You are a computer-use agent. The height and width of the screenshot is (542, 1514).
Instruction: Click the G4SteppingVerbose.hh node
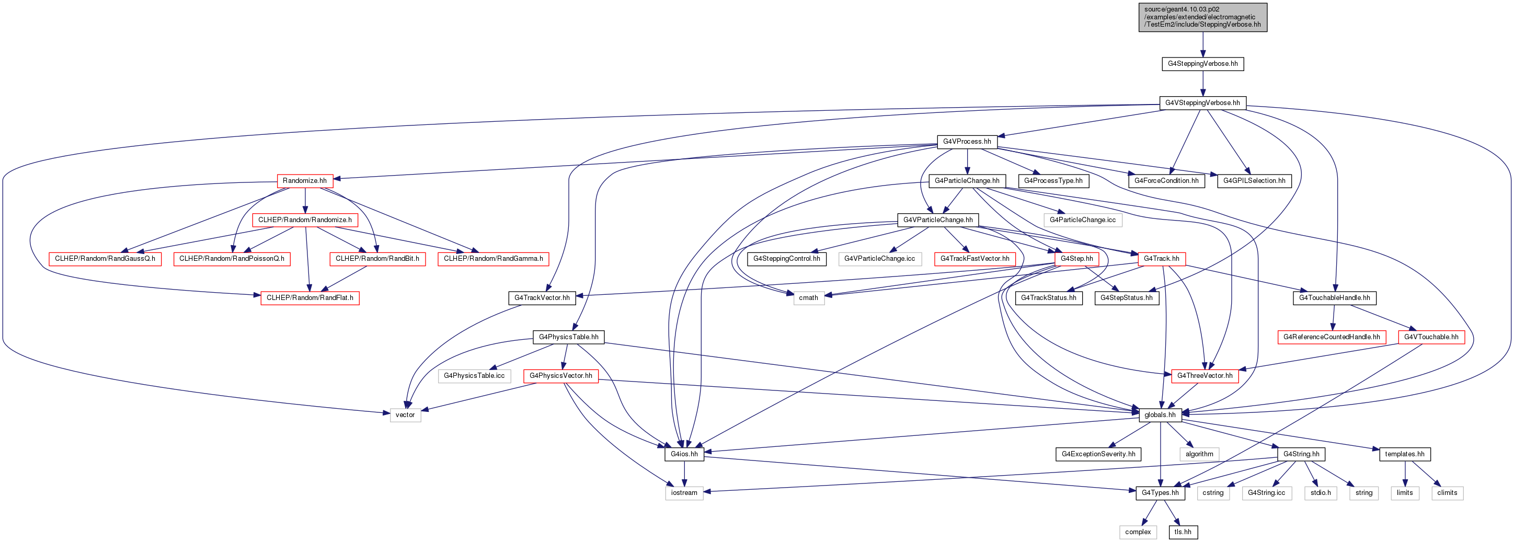click(x=1202, y=63)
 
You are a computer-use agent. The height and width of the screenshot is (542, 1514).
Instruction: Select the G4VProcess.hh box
click(x=967, y=142)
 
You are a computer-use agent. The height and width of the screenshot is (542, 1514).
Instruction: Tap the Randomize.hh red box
click(x=304, y=180)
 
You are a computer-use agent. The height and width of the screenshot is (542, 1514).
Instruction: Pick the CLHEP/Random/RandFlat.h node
click(x=309, y=298)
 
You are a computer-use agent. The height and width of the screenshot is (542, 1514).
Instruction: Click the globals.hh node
click(x=1160, y=415)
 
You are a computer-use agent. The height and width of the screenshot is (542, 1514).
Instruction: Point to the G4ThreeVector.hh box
click(x=1205, y=376)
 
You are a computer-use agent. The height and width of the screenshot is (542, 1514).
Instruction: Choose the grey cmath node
click(x=808, y=298)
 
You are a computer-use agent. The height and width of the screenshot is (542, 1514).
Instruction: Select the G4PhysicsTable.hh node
click(x=568, y=337)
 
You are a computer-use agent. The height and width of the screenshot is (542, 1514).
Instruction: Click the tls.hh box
click(x=1183, y=532)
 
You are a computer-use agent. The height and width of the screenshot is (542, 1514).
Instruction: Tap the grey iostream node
click(x=684, y=493)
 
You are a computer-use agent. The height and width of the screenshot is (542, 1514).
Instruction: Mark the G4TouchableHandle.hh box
click(x=1334, y=298)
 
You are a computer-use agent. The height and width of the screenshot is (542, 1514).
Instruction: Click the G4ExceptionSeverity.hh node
click(x=1098, y=454)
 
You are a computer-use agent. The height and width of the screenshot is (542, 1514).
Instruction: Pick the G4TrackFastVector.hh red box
click(x=974, y=259)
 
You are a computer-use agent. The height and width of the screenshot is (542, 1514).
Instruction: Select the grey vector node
click(x=405, y=415)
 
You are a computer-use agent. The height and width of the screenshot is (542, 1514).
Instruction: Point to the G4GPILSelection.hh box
click(x=1254, y=180)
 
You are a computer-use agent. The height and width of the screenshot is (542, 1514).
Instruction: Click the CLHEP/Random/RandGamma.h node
click(x=493, y=259)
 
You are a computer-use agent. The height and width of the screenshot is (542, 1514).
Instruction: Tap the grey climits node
click(x=1447, y=493)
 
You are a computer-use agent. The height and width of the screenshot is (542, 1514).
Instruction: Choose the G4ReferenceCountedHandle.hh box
click(x=1331, y=337)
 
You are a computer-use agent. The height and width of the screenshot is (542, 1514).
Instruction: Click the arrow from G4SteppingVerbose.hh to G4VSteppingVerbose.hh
click(x=1202, y=84)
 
